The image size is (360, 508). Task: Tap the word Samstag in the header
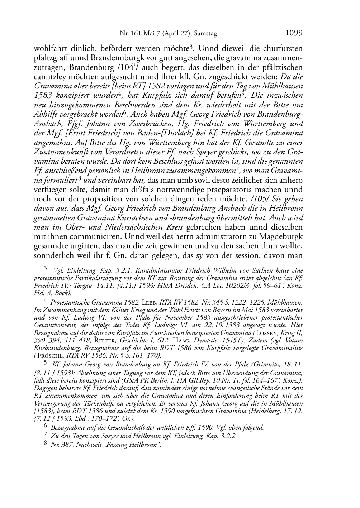click(205, 34)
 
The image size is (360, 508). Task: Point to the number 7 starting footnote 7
click(45, 435)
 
